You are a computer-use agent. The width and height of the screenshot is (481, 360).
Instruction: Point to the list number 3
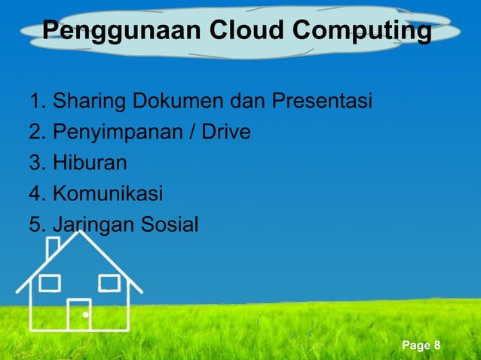coord(34,163)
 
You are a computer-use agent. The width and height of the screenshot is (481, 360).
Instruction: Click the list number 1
coord(34,101)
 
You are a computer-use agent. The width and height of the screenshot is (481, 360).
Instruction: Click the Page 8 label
coord(421,346)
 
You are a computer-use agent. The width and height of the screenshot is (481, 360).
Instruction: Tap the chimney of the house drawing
coord(53,249)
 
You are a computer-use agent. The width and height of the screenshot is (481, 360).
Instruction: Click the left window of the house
coord(50,283)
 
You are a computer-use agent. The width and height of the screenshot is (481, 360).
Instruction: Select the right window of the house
coord(109,283)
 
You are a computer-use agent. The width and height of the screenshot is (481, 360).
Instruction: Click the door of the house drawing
coord(79,313)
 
